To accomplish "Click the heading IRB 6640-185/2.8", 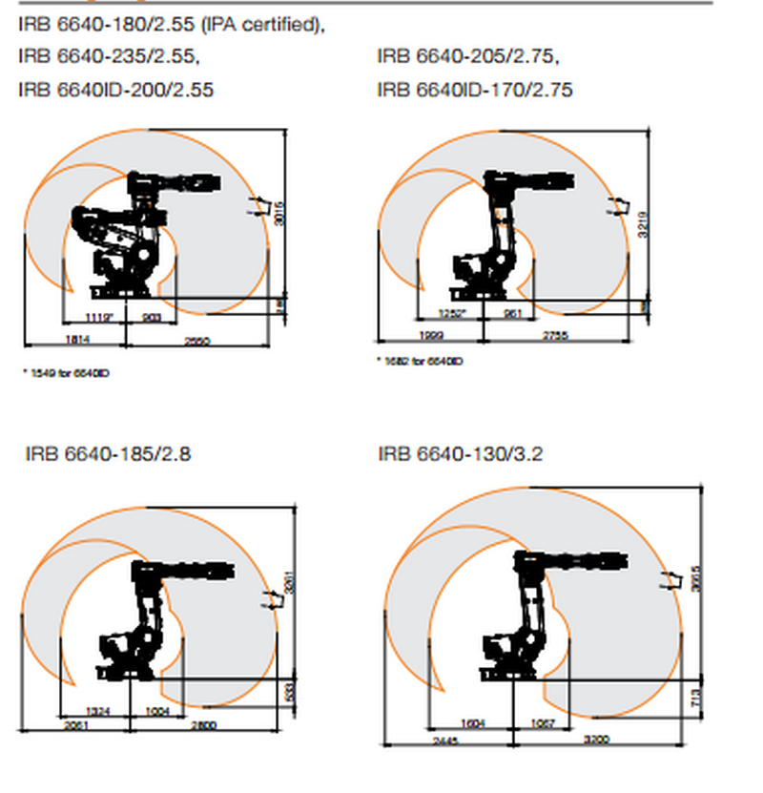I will point(108,453).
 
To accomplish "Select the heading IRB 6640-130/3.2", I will point(460,453).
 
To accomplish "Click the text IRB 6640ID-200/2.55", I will point(115,90).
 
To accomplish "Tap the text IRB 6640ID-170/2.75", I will point(475,90).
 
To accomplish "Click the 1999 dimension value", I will point(431,336).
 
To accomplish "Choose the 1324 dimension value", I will point(98,711).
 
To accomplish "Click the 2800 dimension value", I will point(205,726).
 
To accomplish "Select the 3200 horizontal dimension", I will point(598,741).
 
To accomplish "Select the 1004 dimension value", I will point(160,711).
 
